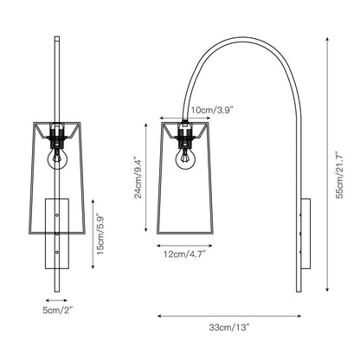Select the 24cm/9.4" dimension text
click(138, 177)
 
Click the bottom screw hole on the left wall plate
click(58, 253)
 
